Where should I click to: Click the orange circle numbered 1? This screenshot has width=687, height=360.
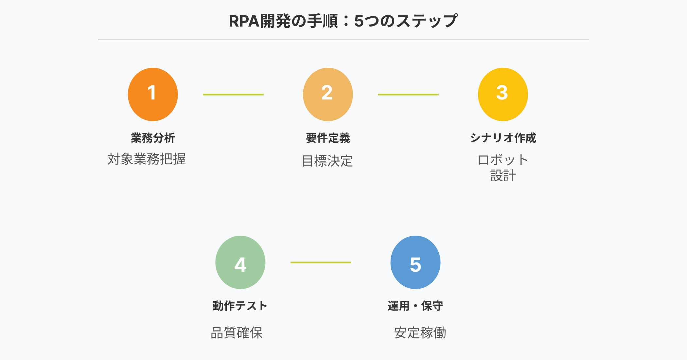pyautogui.click(x=153, y=94)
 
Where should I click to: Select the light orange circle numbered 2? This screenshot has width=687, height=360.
pyautogui.click(x=328, y=94)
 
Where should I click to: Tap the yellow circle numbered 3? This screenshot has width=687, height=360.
pyautogui.click(x=503, y=94)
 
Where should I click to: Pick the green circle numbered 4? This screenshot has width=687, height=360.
pyautogui.click(x=240, y=262)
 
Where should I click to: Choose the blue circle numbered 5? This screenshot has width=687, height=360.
pyautogui.click(x=415, y=262)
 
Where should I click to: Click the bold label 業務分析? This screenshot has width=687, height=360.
pyautogui.click(x=153, y=138)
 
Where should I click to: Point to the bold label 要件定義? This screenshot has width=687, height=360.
pyautogui.click(x=328, y=138)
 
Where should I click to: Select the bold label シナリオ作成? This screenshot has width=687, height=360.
pyautogui.click(x=503, y=138)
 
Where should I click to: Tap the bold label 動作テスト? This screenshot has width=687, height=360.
pyautogui.click(x=240, y=306)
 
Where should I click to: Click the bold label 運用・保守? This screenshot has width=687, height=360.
pyautogui.click(x=415, y=306)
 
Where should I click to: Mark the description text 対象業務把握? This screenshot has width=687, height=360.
pyautogui.click(x=147, y=159)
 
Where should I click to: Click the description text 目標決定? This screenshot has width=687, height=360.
pyautogui.click(x=327, y=161)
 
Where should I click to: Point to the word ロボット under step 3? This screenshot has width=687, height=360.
pyautogui.click(x=503, y=160)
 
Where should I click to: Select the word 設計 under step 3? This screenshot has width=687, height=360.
pyautogui.click(x=503, y=176)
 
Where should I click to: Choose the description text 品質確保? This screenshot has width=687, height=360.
pyautogui.click(x=237, y=333)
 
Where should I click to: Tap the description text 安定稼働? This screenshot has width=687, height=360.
pyautogui.click(x=420, y=333)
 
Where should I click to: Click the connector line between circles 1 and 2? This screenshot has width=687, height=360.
pyautogui.click(x=233, y=95)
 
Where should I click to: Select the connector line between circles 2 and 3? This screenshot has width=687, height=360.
pyautogui.click(x=408, y=95)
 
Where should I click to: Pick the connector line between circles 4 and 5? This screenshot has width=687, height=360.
pyautogui.click(x=321, y=262)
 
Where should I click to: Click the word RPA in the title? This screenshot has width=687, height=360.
pyautogui.click(x=244, y=21)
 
